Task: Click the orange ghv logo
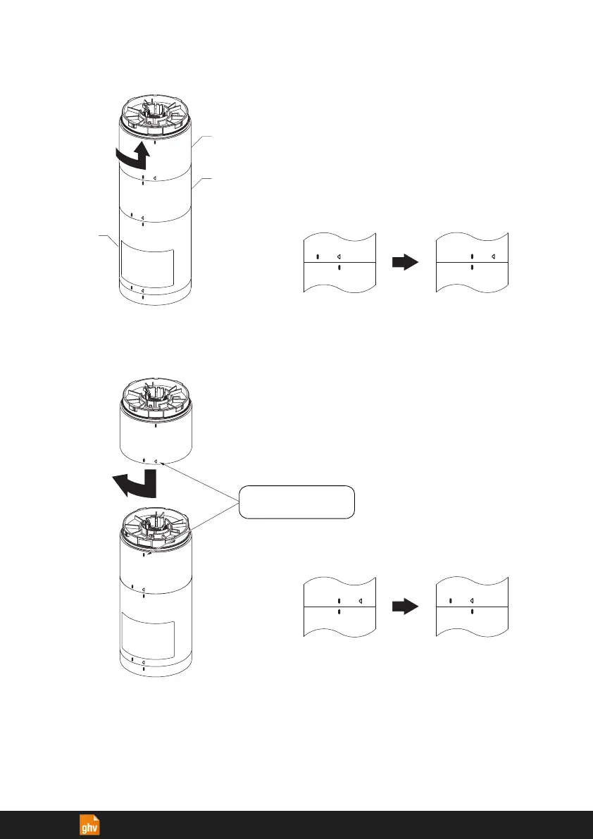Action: [89, 825]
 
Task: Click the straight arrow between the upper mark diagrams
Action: [405, 262]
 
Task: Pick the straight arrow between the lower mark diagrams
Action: [405, 607]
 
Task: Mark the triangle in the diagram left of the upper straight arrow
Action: [338, 256]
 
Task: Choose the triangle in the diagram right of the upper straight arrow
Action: [493, 256]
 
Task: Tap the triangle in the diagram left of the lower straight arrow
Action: [360, 601]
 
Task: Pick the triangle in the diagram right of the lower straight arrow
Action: [471, 601]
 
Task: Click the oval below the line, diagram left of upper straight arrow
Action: [339, 268]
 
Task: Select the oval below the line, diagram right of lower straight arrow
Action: [472, 612]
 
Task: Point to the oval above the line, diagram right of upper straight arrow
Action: [472, 256]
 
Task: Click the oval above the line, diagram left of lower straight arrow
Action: [339, 601]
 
